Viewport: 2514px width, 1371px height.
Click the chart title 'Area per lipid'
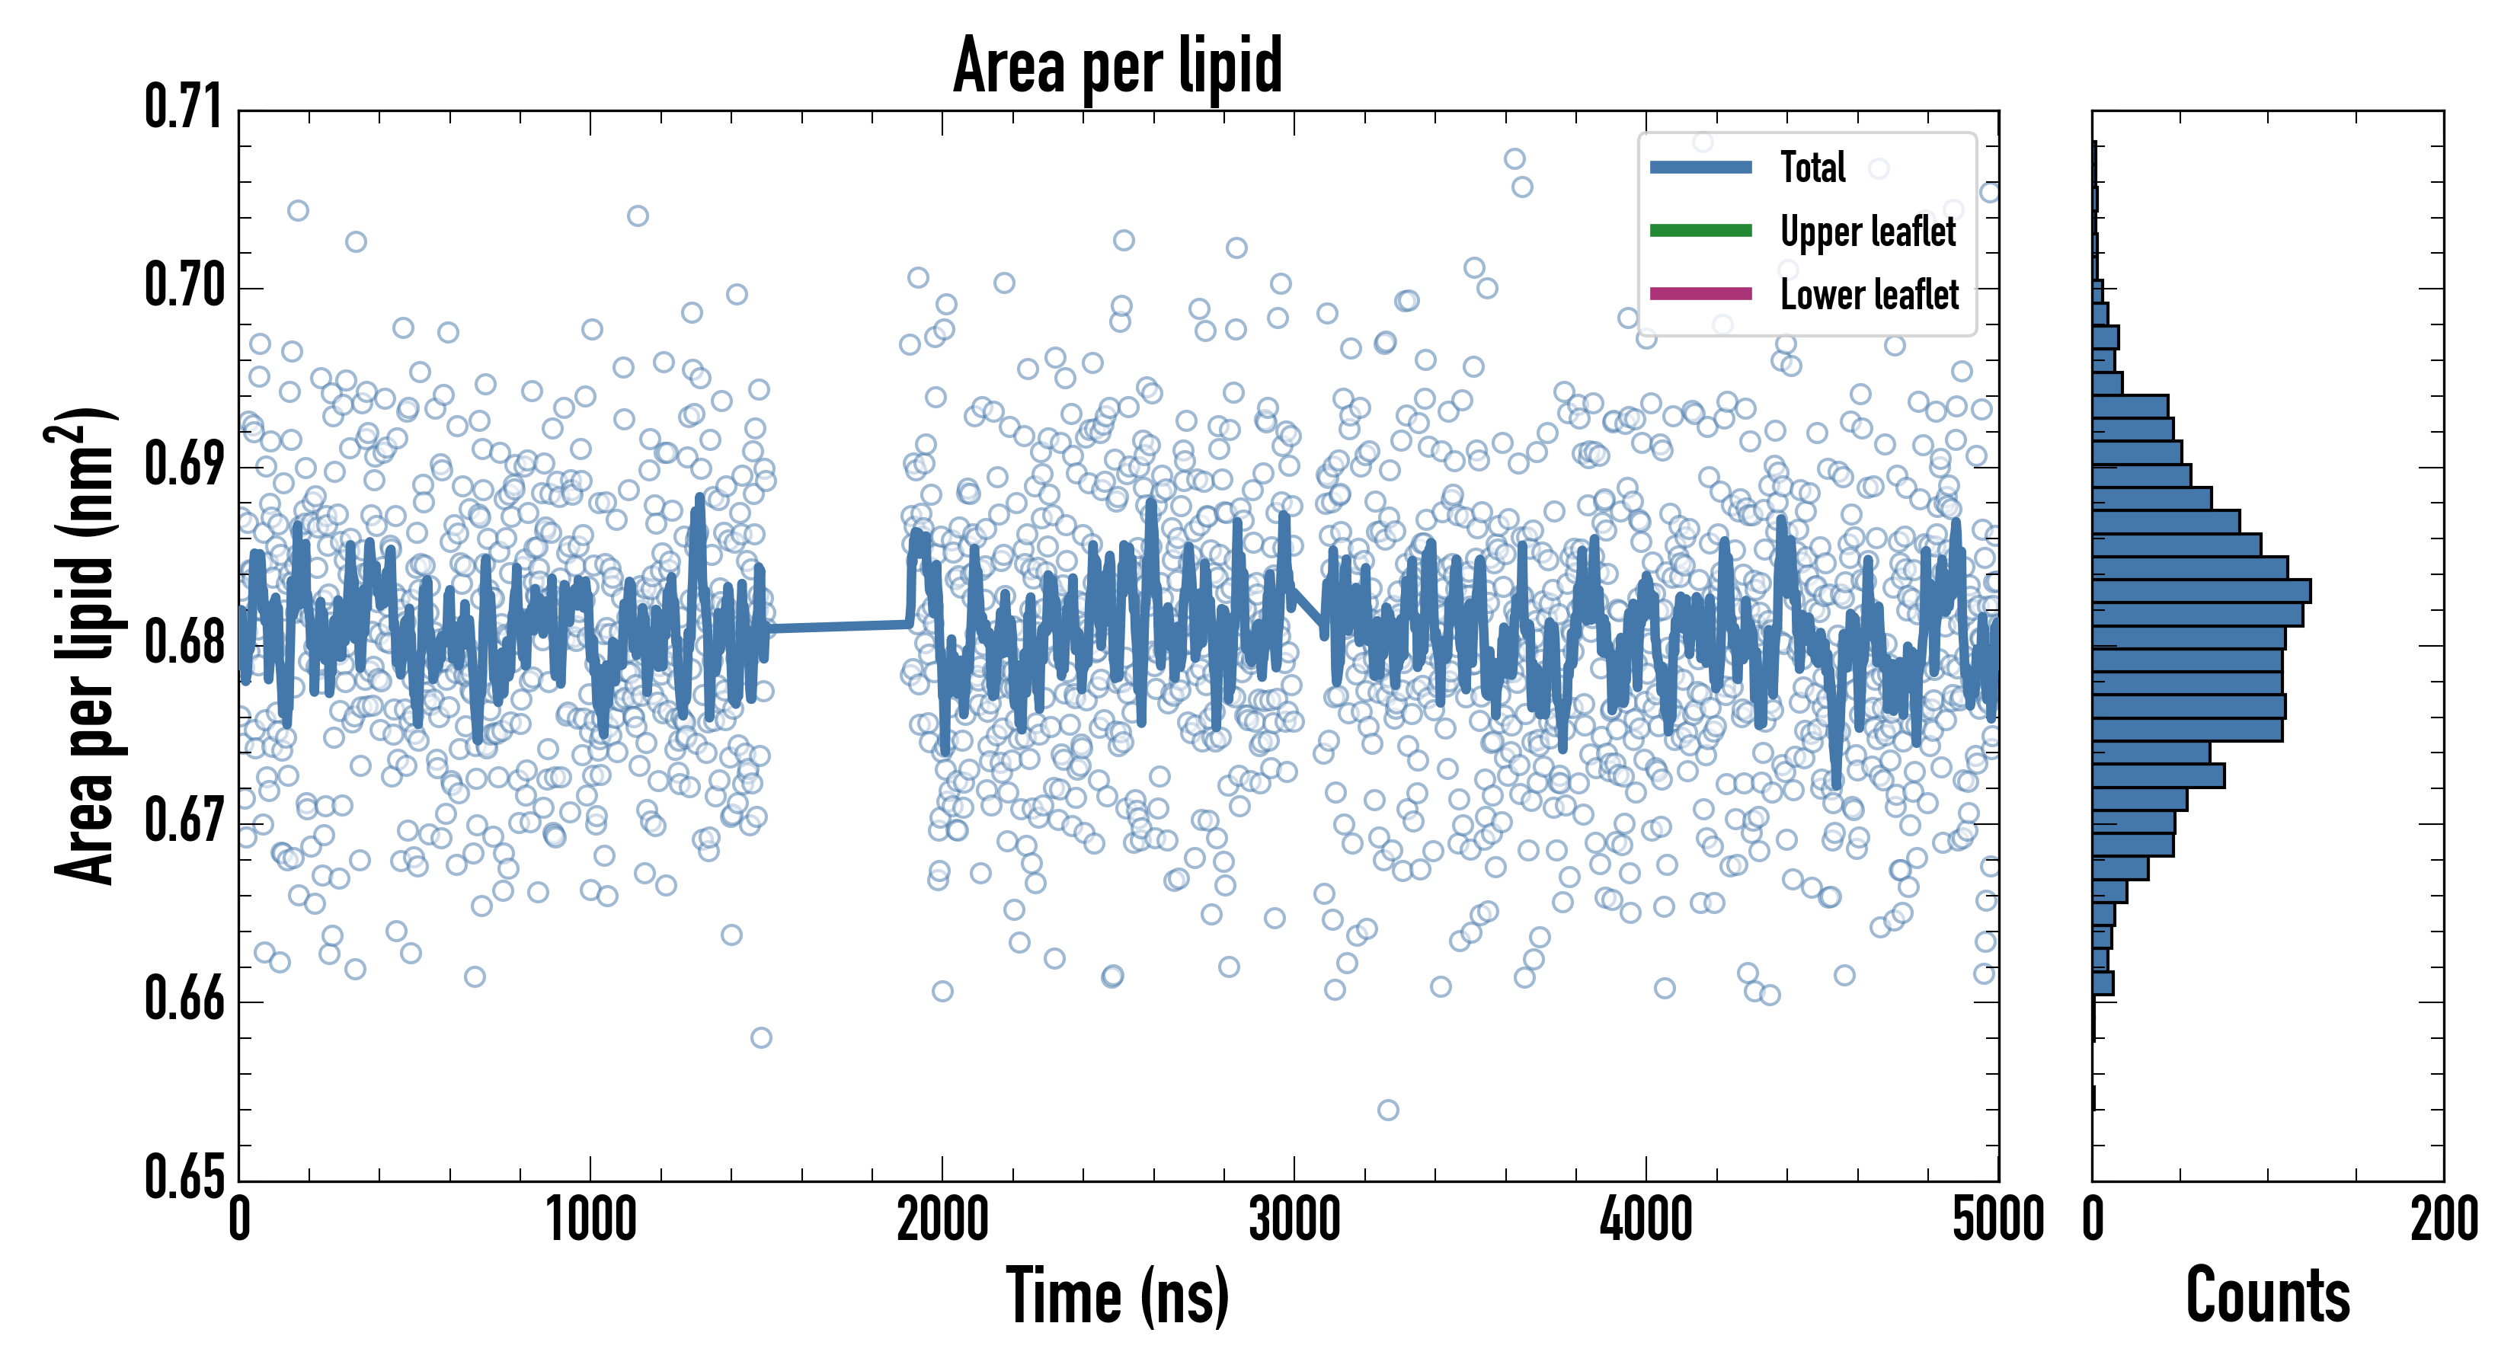(1118, 66)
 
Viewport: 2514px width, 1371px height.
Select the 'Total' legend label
(1812, 168)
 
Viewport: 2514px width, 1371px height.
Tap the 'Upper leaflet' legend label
(1867, 232)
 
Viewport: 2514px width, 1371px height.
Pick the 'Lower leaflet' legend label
(1869, 295)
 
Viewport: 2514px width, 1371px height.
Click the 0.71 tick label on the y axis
(184, 107)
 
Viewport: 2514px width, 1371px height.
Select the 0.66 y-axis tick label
(184, 999)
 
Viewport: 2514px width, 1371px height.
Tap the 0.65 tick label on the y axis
(184, 1177)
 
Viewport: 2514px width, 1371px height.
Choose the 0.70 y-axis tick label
(184, 286)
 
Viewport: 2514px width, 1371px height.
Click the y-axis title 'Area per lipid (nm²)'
(84, 646)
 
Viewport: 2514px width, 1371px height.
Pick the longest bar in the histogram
(2201, 591)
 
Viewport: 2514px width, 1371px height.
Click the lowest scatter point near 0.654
(1388, 1111)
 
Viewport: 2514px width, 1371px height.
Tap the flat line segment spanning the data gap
(840, 625)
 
